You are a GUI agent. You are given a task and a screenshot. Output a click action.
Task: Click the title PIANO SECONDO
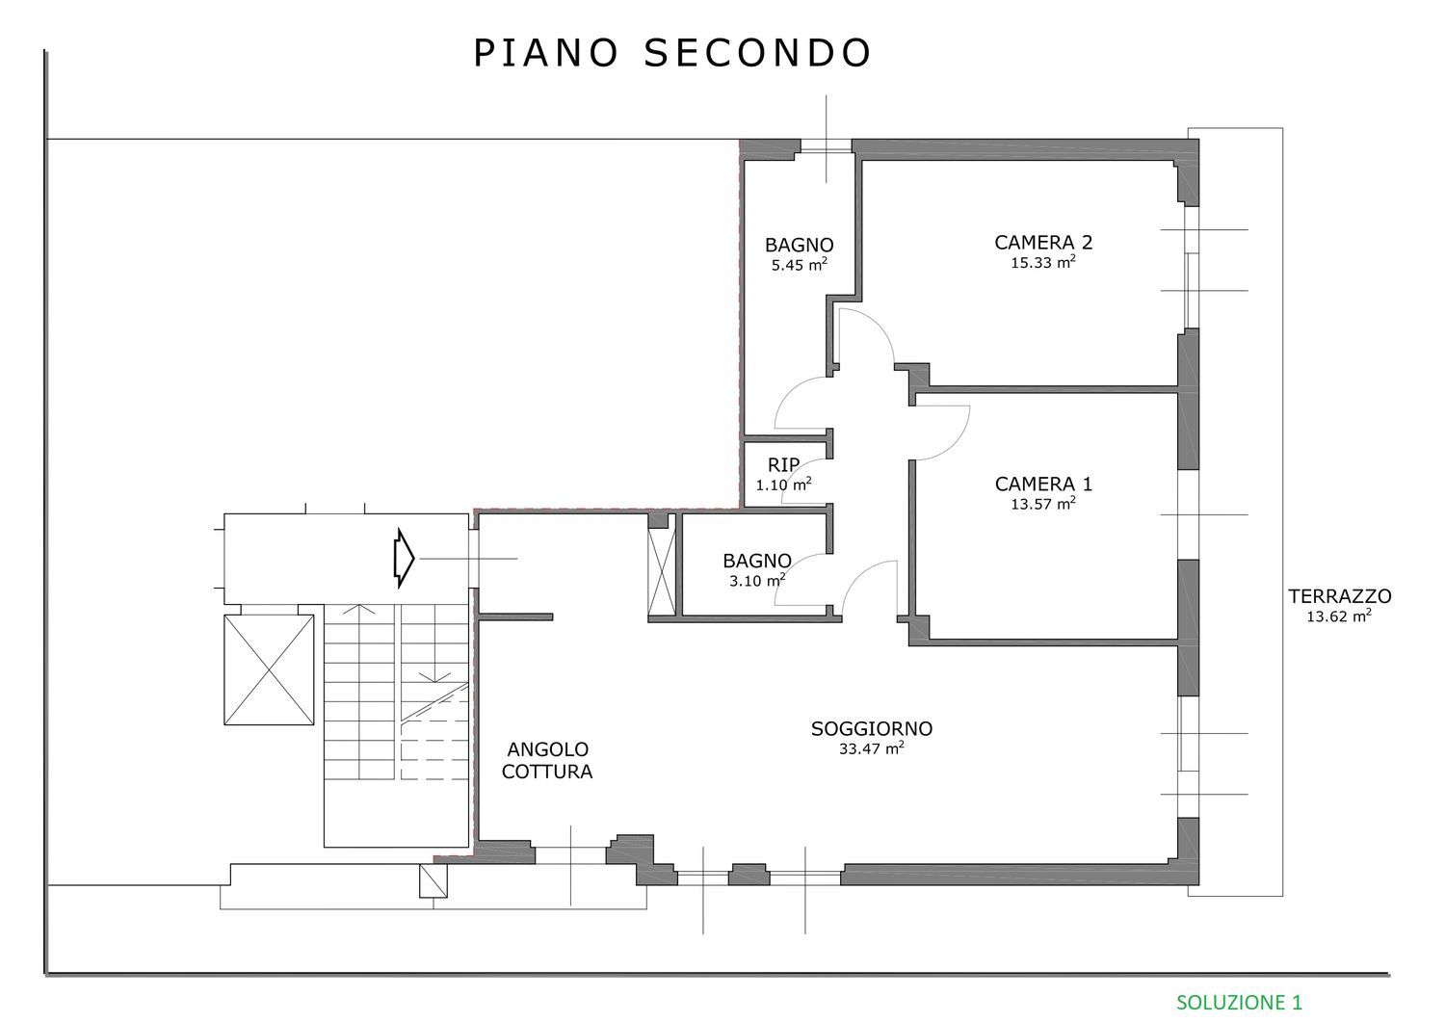[x=672, y=53]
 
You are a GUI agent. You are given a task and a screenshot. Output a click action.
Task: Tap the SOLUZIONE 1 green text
[x=1239, y=1002]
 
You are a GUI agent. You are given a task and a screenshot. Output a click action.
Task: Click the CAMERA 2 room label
[x=1043, y=243]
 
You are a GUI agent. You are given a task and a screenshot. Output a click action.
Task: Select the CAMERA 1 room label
[x=1043, y=484]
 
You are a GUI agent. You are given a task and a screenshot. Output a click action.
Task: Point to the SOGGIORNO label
[x=872, y=728]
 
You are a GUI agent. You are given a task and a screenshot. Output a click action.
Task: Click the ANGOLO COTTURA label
[x=547, y=760]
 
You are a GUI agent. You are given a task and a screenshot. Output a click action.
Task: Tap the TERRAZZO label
[x=1340, y=596]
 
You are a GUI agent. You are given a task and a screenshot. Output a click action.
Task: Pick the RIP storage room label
[x=783, y=464]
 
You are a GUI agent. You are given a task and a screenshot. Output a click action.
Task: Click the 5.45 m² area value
[x=800, y=265]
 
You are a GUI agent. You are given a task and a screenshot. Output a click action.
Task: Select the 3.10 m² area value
[x=756, y=581]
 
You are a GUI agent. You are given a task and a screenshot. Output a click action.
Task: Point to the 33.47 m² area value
[x=871, y=748]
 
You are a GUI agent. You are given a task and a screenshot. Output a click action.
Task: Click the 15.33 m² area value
[x=1043, y=263]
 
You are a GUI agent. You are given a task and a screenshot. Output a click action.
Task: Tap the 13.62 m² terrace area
[x=1339, y=616]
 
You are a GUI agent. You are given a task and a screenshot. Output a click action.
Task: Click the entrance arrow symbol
[x=404, y=558]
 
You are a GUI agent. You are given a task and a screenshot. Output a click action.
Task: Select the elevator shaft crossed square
[x=269, y=669]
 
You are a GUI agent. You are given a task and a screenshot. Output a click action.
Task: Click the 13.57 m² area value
[x=1043, y=504]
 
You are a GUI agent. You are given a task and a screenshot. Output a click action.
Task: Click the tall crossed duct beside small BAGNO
[x=661, y=571]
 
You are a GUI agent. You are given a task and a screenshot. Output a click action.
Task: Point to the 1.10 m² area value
[x=783, y=485]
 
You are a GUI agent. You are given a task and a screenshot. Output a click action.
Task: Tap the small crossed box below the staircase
[x=433, y=880]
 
